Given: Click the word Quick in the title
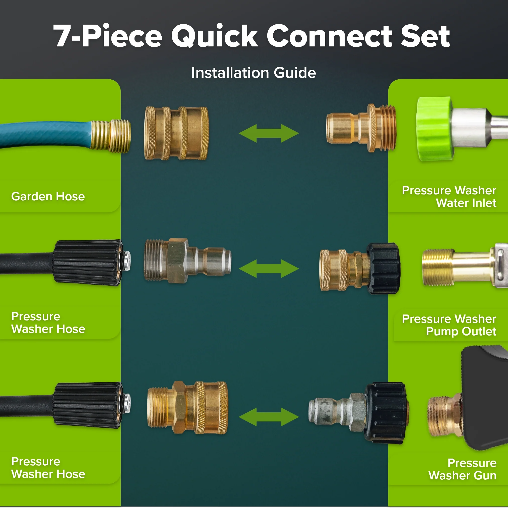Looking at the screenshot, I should pos(214,36).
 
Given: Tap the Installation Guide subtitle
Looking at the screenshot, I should pos(253,73).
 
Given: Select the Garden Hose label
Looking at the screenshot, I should pos(48,197).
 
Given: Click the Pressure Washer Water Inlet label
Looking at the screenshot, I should pos(449,197).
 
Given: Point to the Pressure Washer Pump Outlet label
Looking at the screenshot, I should pos(449,325).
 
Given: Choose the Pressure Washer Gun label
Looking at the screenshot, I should pos(463,469).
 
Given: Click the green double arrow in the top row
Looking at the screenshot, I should pos(269,133).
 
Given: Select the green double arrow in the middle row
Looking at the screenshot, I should pos(269,269).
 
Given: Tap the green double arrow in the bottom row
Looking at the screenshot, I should pos(269,417).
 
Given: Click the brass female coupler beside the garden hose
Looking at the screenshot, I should pos(176,133).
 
